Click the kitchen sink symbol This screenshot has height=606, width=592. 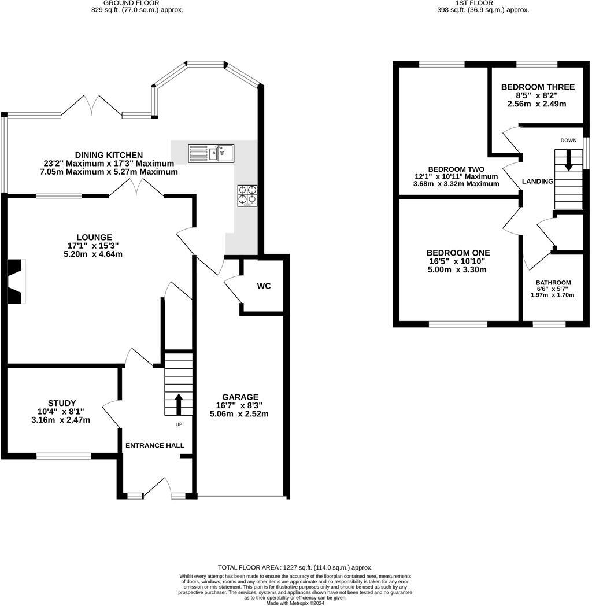210,153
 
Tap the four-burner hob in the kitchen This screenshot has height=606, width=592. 246,195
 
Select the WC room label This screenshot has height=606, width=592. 264,286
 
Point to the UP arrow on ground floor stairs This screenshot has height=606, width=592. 178,404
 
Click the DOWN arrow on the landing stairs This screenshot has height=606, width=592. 568,160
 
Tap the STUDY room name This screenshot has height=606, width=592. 62,403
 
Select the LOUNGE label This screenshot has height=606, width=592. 94,237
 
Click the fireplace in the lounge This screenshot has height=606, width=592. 16,281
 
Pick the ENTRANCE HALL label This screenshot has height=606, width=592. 155,445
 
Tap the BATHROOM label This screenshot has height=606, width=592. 553,283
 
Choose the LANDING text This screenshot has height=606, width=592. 538,182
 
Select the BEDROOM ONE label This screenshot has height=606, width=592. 458,253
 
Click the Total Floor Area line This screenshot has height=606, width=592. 295,568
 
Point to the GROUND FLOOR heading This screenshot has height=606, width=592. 138,3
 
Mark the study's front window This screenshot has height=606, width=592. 64,456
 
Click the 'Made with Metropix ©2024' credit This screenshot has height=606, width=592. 295,603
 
